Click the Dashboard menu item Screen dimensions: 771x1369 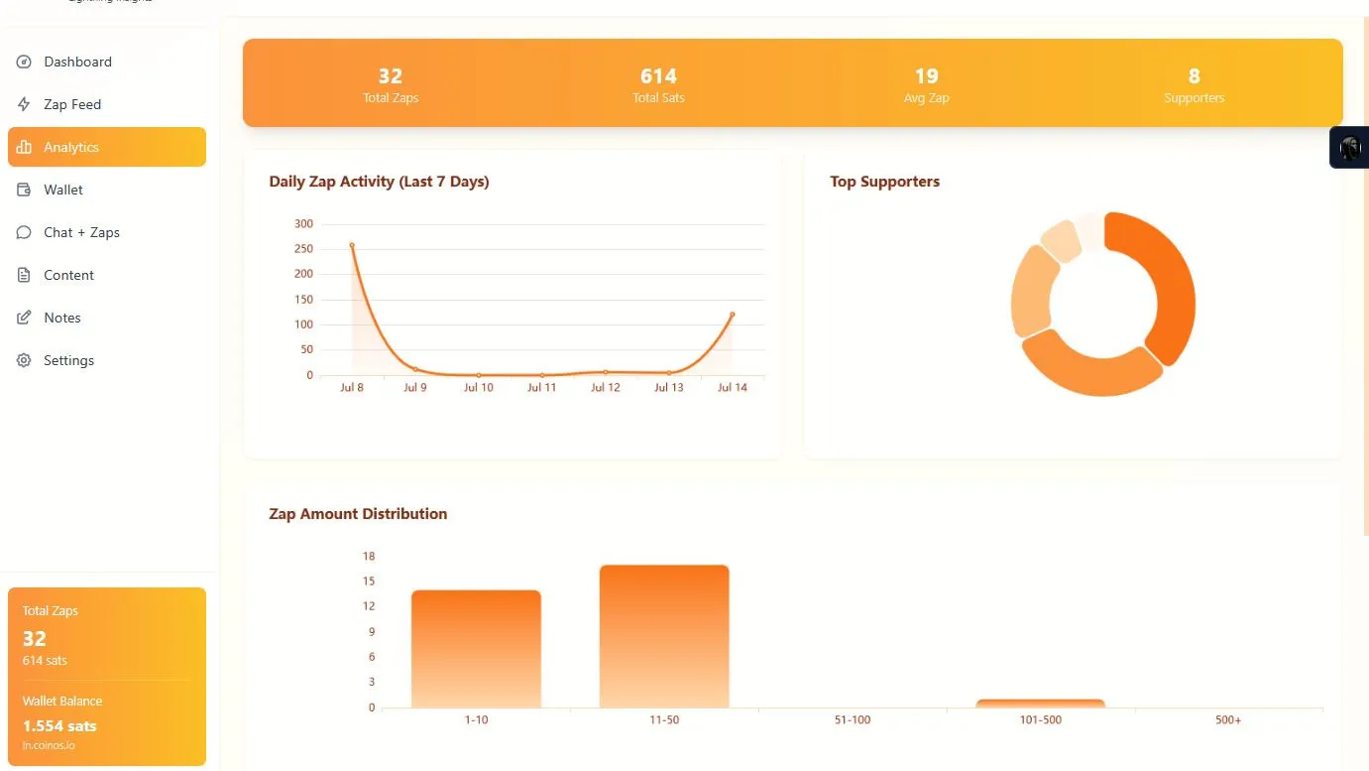click(x=77, y=62)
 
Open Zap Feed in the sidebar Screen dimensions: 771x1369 click(x=71, y=104)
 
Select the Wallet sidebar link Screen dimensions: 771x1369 click(x=63, y=190)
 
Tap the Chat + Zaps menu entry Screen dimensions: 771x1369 click(x=81, y=232)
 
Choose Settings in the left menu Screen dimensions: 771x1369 click(x=68, y=360)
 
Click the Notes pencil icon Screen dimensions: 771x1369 click(x=24, y=318)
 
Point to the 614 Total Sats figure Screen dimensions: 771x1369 click(x=658, y=76)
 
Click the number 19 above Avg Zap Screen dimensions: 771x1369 click(x=926, y=76)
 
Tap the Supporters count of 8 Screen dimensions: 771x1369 click(x=1194, y=76)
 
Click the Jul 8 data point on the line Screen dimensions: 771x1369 click(x=352, y=245)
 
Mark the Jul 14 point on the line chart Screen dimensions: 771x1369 click(x=733, y=315)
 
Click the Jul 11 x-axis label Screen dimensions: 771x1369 click(x=541, y=388)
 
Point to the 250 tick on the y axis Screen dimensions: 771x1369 click(x=303, y=249)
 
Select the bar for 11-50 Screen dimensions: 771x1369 click(x=664, y=635)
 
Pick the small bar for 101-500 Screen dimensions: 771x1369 click(x=1040, y=704)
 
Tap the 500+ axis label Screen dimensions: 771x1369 click(x=1228, y=720)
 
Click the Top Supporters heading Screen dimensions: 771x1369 click(x=884, y=182)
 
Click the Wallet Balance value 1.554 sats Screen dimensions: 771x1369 click(x=59, y=725)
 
